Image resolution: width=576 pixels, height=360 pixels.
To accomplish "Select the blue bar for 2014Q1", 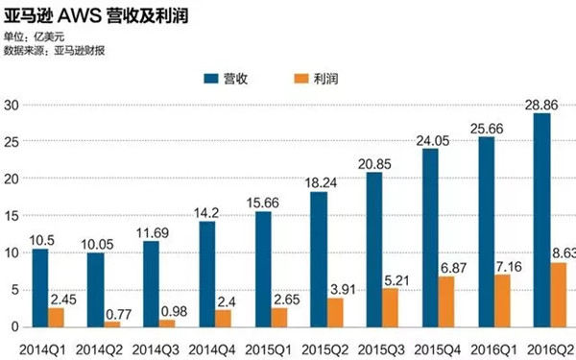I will point(39,287).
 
